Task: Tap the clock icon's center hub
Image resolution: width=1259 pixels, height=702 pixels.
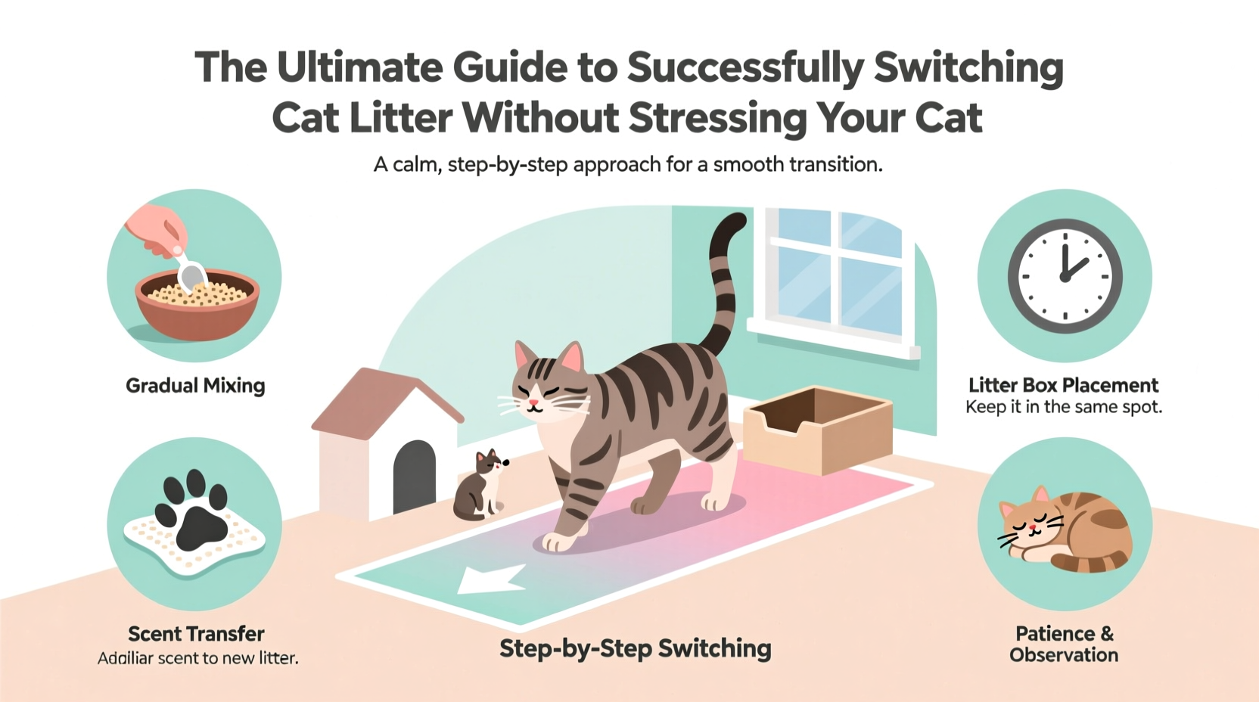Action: click(x=1065, y=277)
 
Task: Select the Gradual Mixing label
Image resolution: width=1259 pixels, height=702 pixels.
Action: click(x=195, y=386)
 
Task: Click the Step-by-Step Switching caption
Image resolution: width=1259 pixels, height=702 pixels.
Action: click(x=635, y=648)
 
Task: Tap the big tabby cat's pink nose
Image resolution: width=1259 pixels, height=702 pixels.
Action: click(x=533, y=402)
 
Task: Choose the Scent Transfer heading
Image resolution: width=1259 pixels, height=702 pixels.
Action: click(x=196, y=634)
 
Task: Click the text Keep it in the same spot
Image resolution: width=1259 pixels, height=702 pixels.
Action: click(x=1063, y=408)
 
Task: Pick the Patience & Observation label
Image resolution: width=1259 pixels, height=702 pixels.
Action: click(x=1064, y=644)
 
